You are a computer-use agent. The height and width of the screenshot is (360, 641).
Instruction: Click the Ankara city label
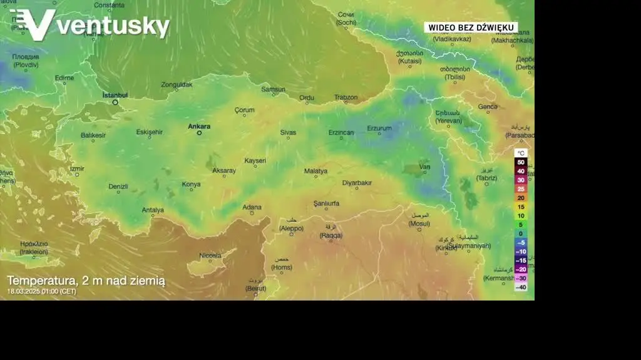[199, 126]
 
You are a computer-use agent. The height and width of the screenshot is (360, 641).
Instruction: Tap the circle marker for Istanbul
[115, 102]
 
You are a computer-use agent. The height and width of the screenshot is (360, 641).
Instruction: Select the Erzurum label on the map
[379, 128]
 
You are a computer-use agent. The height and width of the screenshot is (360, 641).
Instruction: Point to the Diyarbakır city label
[357, 183]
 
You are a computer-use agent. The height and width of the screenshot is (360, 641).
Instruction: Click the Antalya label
[153, 210]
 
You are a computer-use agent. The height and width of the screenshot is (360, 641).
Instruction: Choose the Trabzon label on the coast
[346, 97]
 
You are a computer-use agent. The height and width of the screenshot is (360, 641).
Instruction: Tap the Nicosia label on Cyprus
[210, 255]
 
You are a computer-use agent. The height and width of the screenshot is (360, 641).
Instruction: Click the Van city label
[424, 167]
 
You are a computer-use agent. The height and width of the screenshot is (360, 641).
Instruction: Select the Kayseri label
[255, 161]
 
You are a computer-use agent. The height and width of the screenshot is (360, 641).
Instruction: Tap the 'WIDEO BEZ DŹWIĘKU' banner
[471, 28]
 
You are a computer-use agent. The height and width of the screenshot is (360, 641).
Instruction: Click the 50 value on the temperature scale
[521, 162]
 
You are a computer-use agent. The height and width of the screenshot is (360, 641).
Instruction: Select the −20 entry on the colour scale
[521, 269]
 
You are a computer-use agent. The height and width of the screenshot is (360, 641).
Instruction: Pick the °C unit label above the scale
[521, 153]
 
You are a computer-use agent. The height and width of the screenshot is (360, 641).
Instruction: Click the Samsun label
[273, 90]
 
